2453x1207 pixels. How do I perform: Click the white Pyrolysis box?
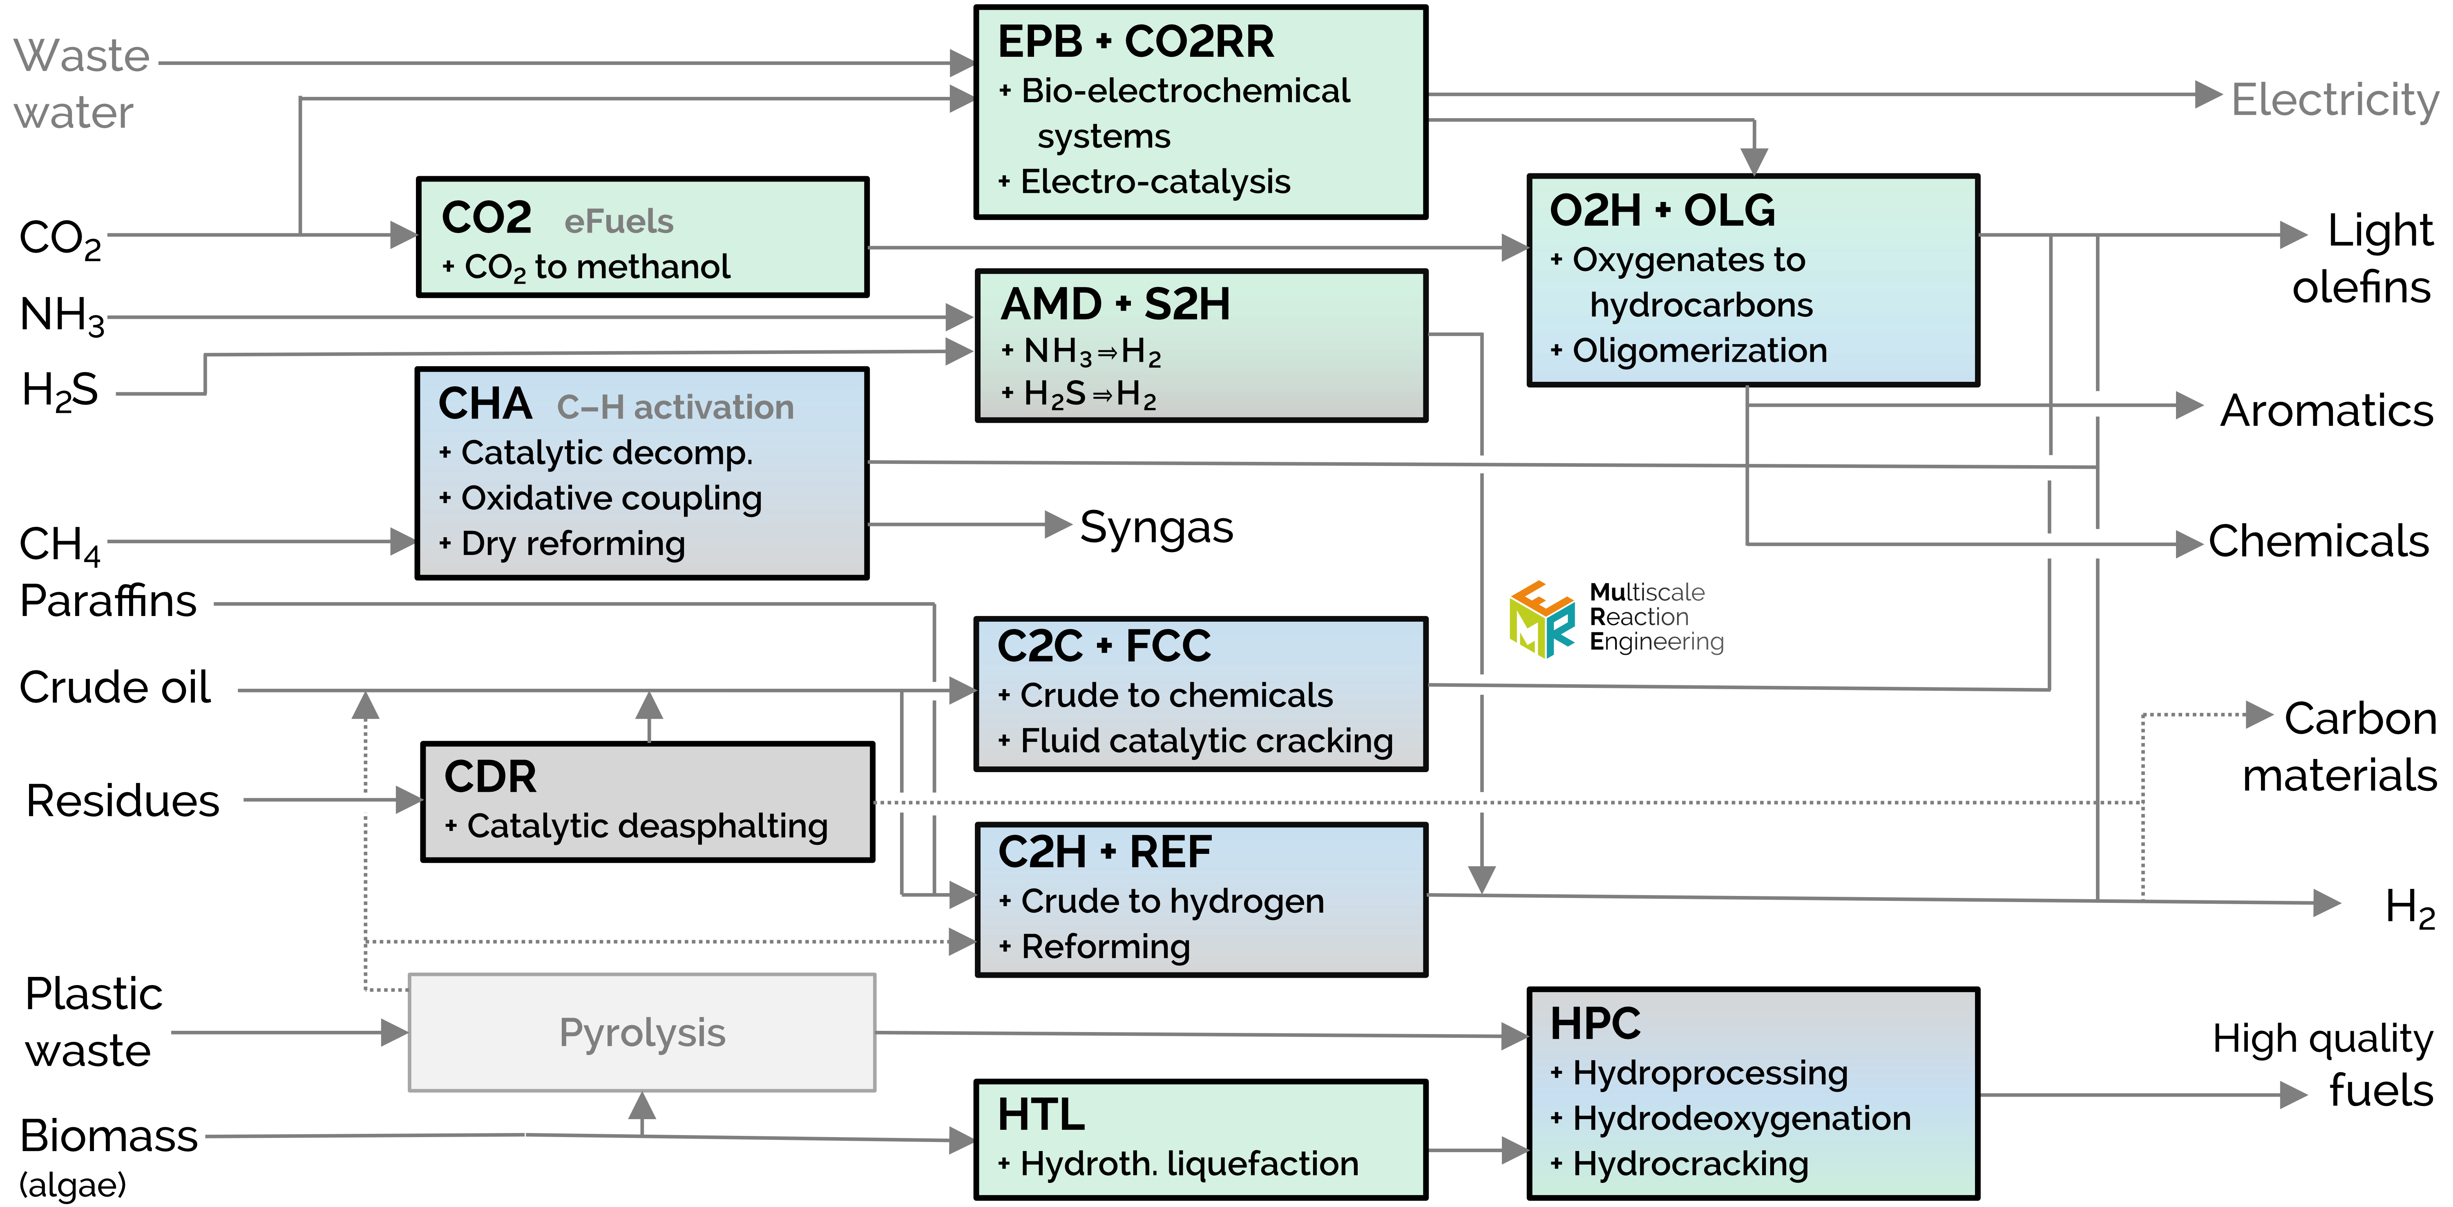click(642, 1032)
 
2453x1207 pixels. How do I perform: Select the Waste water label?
click(81, 84)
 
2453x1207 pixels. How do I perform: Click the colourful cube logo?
click(1542, 620)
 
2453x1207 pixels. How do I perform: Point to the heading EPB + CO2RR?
click(1135, 42)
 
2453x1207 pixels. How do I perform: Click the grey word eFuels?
click(619, 221)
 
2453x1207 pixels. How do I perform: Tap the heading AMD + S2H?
click(1115, 305)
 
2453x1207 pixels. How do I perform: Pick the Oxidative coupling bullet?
click(610, 498)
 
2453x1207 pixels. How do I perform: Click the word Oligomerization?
click(1699, 351)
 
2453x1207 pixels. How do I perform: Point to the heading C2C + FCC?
click(1104, 646)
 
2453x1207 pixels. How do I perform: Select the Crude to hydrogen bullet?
click(1171, 901)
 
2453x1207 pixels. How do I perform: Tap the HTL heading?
click(1041, 1115)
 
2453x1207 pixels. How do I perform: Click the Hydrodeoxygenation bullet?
click(1741, 1118)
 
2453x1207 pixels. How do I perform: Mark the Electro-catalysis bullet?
click(1154, 182)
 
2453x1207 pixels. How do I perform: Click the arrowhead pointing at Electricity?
click(2207, 94)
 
